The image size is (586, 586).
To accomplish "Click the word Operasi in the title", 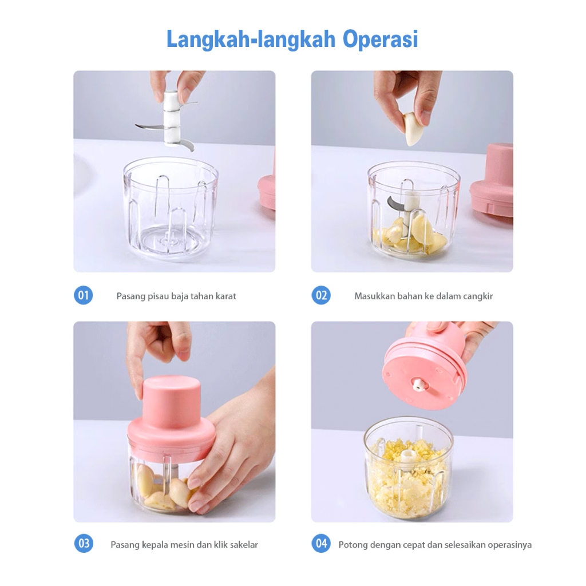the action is pos(380,39).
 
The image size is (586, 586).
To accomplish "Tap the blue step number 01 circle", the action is pos(84,295).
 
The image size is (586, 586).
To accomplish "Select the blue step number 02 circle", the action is pos(321,295).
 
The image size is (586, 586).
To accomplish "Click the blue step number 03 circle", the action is pos(84,544).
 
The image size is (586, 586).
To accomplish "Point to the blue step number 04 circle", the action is pos(321,544).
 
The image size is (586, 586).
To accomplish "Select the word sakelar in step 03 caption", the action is pos(244,545).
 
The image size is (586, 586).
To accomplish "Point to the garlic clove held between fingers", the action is pos(413,129).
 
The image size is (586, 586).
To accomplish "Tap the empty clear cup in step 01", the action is pos(171,209).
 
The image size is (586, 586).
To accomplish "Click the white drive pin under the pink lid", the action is pos(418,385).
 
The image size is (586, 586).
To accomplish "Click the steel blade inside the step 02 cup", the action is pos(395,202).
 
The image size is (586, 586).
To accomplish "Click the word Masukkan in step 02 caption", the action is pos(374,296).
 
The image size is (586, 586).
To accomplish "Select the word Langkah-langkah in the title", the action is pos(251,39).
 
